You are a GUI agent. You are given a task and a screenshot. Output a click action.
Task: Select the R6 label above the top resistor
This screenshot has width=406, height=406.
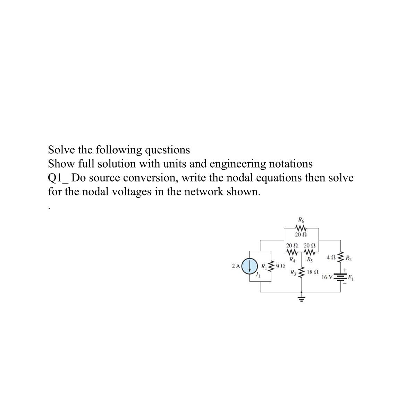(301, 220)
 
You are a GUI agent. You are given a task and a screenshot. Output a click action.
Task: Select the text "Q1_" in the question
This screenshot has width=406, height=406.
(59, 178)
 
